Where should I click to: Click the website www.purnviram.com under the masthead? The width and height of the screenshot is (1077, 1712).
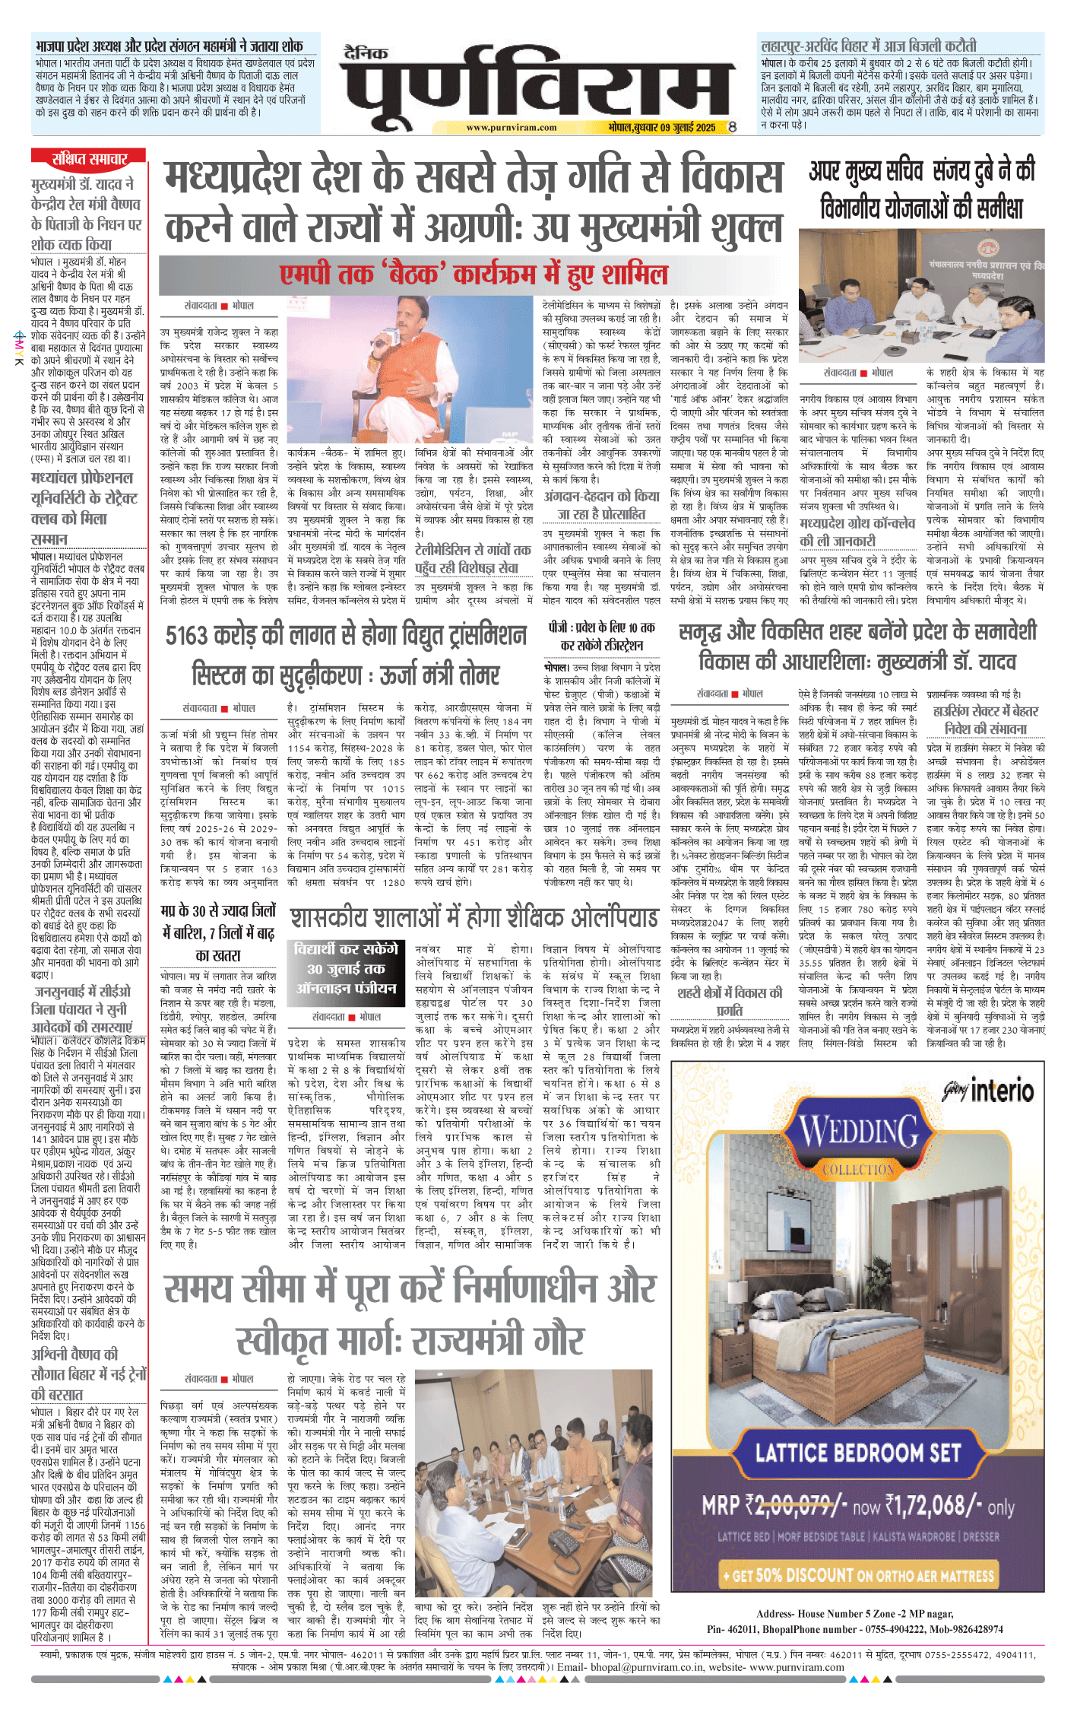[511, 128]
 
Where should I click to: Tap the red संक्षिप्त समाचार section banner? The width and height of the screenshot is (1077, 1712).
[90, 159]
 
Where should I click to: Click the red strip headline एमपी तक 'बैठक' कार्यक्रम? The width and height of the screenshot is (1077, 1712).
[473, 274]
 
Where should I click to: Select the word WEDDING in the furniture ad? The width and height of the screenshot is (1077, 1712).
[859, 1131]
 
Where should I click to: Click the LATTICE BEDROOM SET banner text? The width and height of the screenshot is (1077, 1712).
[857, 1453]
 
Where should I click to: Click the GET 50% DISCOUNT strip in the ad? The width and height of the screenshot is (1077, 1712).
[858, 1574]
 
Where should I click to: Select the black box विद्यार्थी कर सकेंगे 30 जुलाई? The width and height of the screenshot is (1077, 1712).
[346, 968]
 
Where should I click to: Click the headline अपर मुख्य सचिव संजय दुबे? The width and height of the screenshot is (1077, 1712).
[921, 188]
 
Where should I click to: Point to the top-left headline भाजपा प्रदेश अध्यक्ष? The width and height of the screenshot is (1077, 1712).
[169, 46]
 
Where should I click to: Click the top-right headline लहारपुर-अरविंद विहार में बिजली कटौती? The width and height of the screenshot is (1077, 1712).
[868, 46]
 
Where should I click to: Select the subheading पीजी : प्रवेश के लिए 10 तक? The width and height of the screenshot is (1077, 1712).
[601, 636]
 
